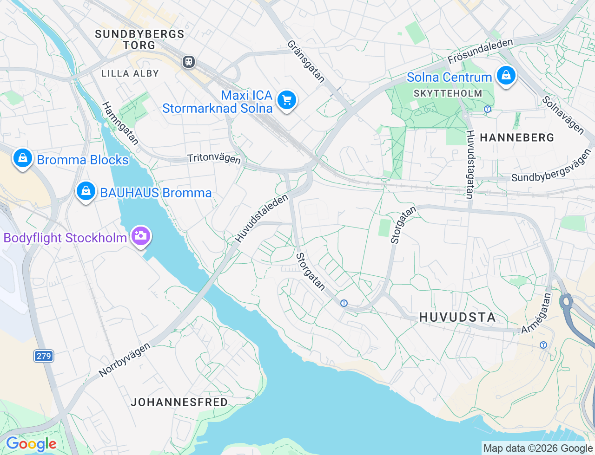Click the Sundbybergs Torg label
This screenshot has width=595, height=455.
(139, 39)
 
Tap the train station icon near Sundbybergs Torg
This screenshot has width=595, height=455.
(189, 62)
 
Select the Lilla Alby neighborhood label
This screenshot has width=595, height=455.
(130, 73)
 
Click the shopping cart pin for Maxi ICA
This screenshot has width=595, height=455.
(286, 100)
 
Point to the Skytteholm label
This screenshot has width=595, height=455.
(448, 93)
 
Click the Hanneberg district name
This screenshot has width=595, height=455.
(517, 137)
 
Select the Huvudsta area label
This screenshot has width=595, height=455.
(457, 317)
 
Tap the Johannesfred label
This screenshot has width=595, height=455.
(179, 402)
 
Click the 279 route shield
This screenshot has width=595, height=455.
(44, 356)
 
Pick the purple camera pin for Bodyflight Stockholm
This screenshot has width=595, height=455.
(140, 236)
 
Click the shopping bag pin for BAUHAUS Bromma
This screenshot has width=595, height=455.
(86, 191)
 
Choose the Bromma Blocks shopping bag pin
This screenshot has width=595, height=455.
(22, 158)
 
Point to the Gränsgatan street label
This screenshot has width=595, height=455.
(305, 61)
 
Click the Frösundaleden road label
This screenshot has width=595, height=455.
(480, 51)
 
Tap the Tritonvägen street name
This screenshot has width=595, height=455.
(214, 158)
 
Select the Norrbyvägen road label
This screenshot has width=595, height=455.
(125, 359)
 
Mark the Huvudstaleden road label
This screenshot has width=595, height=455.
(262, 218)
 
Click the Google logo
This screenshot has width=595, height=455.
(31, 444)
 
